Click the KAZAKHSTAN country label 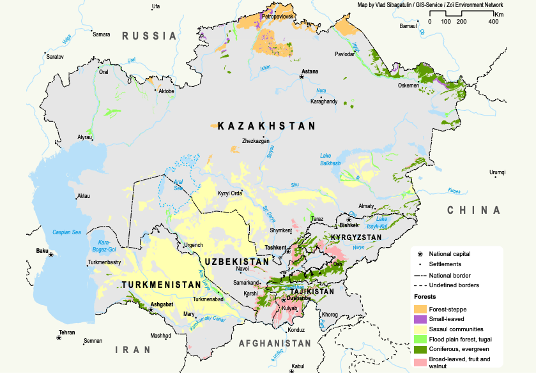pos(266,126)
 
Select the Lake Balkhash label pos(330,160)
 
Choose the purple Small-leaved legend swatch pos(419,319)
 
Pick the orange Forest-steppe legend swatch pos(419,309)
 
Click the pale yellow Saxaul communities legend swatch pos(419,329)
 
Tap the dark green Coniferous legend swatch pos(419,349)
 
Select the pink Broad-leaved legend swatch pos(419,359)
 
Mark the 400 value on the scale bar pos(493,22)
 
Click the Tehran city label pos(67,333)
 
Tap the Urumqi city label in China pos(497,172)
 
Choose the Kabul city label pos(298,367)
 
